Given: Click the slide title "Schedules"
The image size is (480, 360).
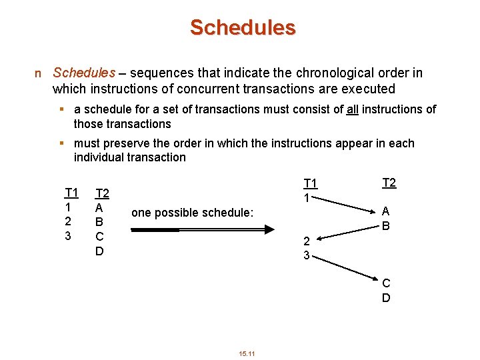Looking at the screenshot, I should coord(242,27).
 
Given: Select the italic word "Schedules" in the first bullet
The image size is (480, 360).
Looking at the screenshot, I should coord(84,73).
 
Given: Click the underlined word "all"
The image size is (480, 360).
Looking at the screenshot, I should coord(354,109).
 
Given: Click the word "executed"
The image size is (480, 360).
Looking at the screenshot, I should coord(371,89).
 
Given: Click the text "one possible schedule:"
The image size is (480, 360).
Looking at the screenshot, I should coord(193,213).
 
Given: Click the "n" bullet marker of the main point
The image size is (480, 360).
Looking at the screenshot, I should coord(38,73).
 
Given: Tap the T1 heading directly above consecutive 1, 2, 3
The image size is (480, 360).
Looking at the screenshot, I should coord(71,193).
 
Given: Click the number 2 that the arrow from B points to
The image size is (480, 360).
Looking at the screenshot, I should coord(307,241).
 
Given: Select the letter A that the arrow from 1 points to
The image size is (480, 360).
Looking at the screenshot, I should coord(385,211).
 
